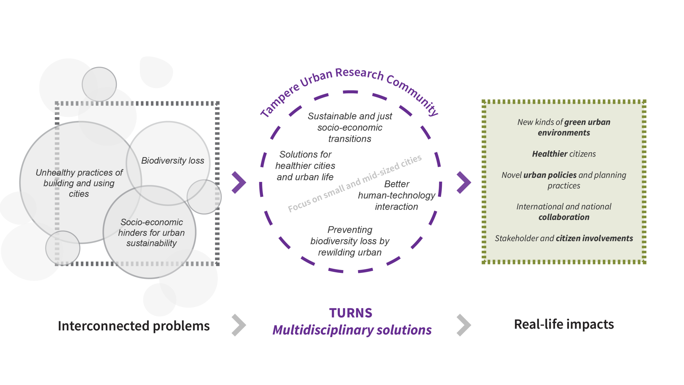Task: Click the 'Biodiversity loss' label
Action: (x=173, y=161)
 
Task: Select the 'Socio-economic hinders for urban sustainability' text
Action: (x=151, y=232)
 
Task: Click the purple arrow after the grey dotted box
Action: (x=239, y=182)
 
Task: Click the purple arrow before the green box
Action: (x=464, y=182)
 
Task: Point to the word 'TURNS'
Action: (x=351, y=313)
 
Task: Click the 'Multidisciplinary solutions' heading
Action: (x=352, y=330)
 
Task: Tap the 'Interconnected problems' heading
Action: (x=134, y=326)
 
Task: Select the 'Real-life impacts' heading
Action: (x=564, y=324)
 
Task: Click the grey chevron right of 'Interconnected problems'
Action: (x=239, y=325)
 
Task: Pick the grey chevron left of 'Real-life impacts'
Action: (x=464, y=325)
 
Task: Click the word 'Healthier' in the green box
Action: (x=549, y=154)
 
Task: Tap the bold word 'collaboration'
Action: (x=564, y=217)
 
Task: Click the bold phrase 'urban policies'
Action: (x=550, y=175)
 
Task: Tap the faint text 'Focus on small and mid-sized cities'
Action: (x=355, y=183)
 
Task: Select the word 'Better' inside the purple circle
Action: (x=397, y=184)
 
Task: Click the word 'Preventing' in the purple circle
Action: (x=350, y=230)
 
